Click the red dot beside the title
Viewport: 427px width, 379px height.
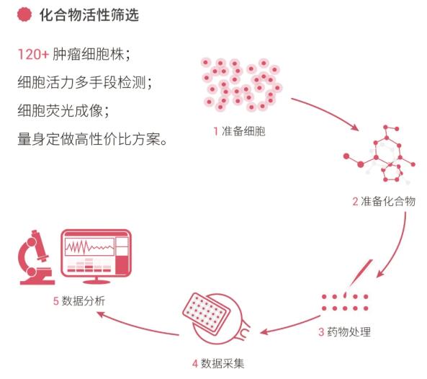pos(24,14)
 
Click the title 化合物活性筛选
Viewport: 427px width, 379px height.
pos(89,14)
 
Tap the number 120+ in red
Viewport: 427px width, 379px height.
pos(33,54)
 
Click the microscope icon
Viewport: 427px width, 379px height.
pos(35,258)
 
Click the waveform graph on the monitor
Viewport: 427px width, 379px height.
pos(89,246)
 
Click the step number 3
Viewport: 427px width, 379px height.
pos(321,332)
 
